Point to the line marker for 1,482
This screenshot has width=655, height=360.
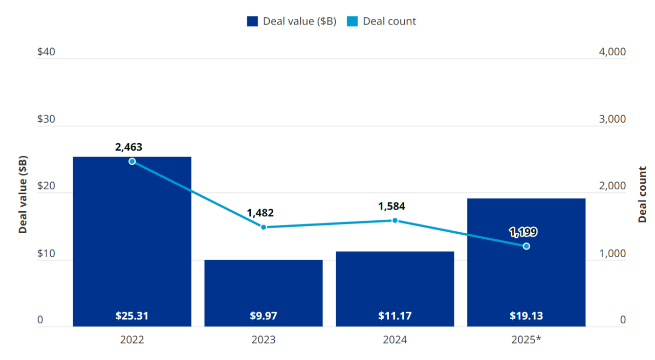point(264,227)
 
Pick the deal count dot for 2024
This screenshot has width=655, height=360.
point(395,220)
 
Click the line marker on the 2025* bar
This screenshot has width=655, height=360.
point(526,246)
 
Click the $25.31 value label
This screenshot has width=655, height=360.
point(132,316)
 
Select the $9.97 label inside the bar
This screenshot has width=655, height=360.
point(264,316)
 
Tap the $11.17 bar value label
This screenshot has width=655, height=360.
point(395,316)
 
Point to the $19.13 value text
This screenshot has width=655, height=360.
point(526,316)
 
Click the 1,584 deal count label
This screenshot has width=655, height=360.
point(391,207)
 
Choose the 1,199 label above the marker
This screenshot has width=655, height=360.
point(523,232)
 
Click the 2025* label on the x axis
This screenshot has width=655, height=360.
point(526,340)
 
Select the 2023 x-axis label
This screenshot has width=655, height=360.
point(264,340)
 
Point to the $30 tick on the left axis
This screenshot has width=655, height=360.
point(46,119)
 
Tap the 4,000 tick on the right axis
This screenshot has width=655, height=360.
point(612,52)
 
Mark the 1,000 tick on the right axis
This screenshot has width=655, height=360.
point(612,254)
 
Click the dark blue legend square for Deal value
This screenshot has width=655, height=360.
point(252,21)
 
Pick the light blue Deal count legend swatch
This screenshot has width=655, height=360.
point(352,21)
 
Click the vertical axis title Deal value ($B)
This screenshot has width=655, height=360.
point(23,194)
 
